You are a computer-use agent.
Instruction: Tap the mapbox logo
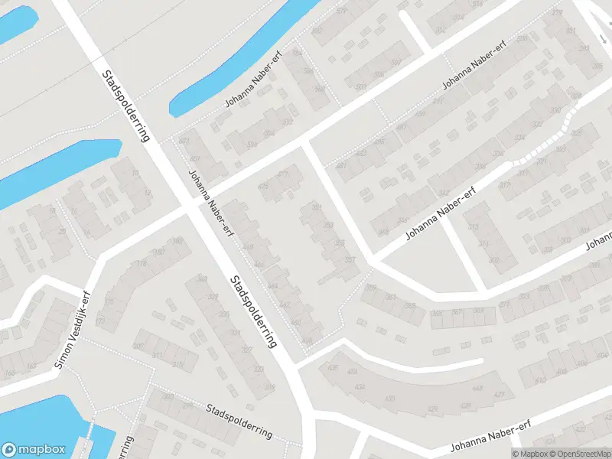(33, 449)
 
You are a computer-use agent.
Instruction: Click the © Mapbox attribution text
(529, 454)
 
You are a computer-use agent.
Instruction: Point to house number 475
(265, 186)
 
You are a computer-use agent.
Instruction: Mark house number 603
(184, 141)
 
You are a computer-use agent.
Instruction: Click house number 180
(159, 252)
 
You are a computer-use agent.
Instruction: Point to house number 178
(142, 265)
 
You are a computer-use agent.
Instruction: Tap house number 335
(224, 314)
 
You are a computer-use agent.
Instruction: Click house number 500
(360, 88)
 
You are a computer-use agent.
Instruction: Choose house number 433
(390, 399)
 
